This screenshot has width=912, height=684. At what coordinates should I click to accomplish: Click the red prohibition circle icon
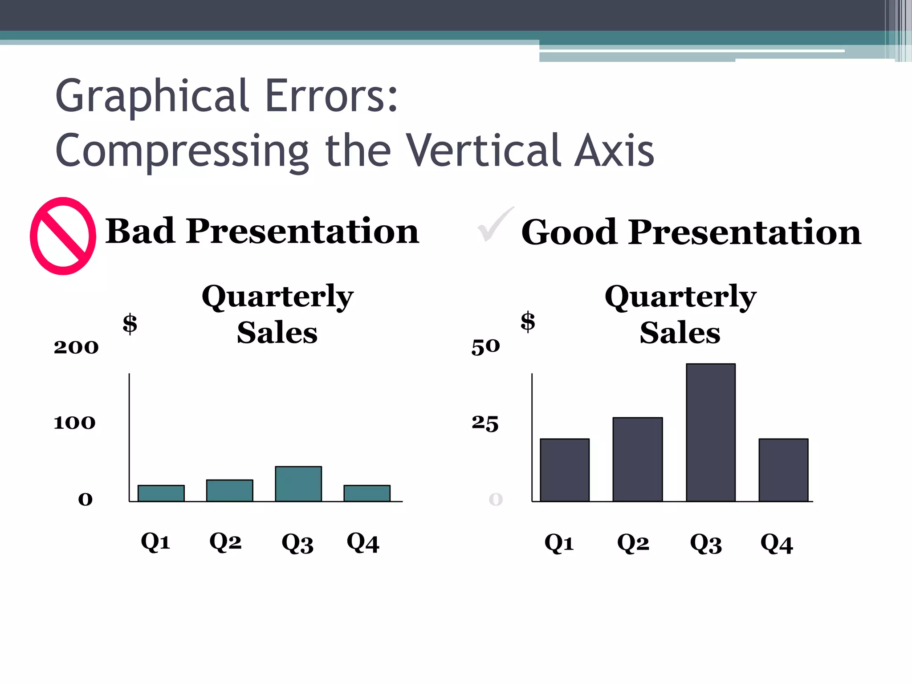point(63,236)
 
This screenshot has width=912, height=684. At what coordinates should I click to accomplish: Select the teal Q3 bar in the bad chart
point(298,484)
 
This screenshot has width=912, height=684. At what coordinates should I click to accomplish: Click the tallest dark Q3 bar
point(710,432)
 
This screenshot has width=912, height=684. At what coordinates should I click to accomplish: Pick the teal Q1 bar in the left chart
point(161,493)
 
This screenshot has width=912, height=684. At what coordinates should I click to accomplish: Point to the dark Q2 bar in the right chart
point(637,459)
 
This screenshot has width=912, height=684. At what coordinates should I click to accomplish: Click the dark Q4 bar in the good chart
point(783,470)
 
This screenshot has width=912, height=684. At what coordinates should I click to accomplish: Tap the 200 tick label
point(76,347)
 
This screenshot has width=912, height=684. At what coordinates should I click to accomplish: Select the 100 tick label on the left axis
point(74,423)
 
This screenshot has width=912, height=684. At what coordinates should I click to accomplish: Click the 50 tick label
point(485,346)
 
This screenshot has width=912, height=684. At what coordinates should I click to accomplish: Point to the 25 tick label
point(485,423)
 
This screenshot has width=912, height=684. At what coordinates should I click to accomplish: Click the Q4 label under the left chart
point(363,543)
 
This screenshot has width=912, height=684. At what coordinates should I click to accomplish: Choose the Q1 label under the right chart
point(559,543)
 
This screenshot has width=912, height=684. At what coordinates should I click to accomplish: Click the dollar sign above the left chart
point(130,324)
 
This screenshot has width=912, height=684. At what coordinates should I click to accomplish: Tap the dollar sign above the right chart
point(528,322)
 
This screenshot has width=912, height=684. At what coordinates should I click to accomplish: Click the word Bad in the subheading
point(140,231)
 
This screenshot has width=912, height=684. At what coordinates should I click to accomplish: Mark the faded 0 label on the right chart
point(496,499)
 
